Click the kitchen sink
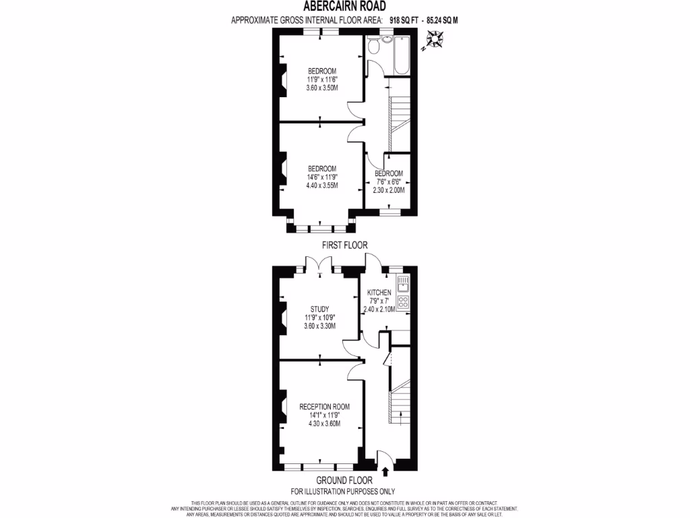pyautogui.click(x=403, y=287)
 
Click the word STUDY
pyautogui.click(x=319, y=309)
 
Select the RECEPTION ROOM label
pyautogui.click(x=325, y=407)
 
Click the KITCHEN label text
pyautogui.click(x=379, y=292)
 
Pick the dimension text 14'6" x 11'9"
pyautogui.click(x=321, y=177)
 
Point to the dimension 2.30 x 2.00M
pyautogui.click(x=389, y=190)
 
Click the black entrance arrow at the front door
pyautogui.click(x=385, y=471)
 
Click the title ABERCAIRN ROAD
pyautogui.click(x=344, y=7)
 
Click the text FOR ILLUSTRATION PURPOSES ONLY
pyautogui.click(x=343, y=492)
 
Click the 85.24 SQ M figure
pyautogui.click(x=443, y=20)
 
